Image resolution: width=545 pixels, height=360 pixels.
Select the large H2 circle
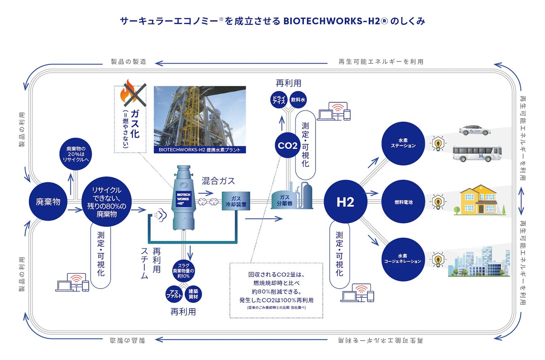coord(345,202)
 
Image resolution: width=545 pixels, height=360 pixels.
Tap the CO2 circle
coord(288,145)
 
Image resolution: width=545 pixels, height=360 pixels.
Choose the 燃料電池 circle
coord(403,202)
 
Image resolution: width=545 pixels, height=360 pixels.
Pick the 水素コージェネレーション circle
coord(403,259)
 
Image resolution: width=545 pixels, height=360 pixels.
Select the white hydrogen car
coord(474,130)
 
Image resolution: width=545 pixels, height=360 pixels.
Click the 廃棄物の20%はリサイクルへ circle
coord(75,154)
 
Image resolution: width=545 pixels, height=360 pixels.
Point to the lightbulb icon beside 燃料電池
coord(437,201)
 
